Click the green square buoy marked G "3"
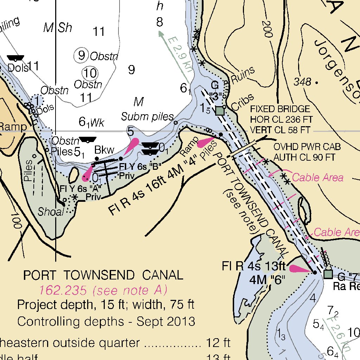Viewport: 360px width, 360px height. pyautogui.click(x=220, y=111)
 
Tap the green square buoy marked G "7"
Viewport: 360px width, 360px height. pyautogui.click(x=328, y=274)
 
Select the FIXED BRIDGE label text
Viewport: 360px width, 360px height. pyautogui.click(x=280, y=109)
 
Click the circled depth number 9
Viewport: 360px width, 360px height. pyautogui.click(x=81, y=55)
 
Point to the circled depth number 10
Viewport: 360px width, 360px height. pyautogui.click(x=90, y=73)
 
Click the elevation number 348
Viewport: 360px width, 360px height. pyautogui.click(x=303, y=82)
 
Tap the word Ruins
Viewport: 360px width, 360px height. pyautogui.click(x=243, y=74)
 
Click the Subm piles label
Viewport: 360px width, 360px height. pyautogui.click(x=148, y=116)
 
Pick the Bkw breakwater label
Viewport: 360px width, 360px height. pyautogui.click(x=104, y=150)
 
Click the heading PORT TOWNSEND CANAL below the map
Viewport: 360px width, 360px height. pyautogui.click(x=103, y=275)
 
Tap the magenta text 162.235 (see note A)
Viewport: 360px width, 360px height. pyautogui.click(x=103, y=290)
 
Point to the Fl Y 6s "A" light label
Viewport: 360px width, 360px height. pyautogui.click(x=81, y=188)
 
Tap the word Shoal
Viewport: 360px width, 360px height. pyautogui.click(x=51, y=212)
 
